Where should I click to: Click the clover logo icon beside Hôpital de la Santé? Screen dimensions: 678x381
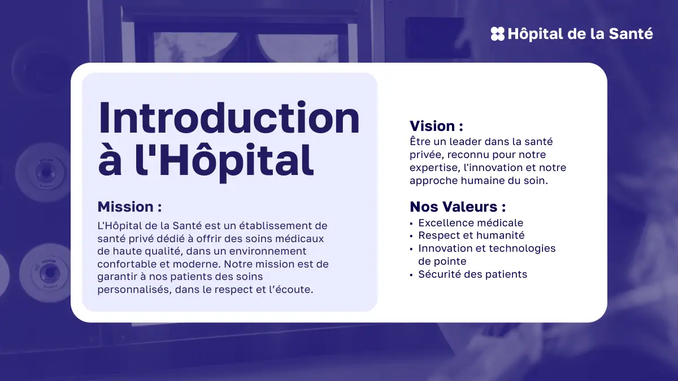click(x=498, y=33)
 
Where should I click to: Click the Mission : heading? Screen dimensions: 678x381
click(x=129, y=207)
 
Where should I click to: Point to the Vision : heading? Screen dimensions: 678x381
click(x=436, y=126)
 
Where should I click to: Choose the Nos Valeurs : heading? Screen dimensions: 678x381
click(x=458, y=207)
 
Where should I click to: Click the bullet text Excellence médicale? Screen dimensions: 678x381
click(x=471, y=223)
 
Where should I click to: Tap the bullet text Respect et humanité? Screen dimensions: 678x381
click(x=471, y=235)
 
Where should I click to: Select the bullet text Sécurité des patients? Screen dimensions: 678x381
click(x=472, y=274)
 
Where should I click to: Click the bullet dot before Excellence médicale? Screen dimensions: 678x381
click(x=411, y=224)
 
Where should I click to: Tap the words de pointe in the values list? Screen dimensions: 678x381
click(x=442, y=261)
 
